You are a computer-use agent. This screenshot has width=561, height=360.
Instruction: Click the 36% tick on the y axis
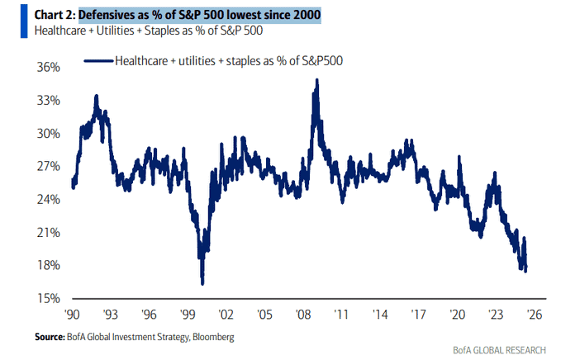(48, 67)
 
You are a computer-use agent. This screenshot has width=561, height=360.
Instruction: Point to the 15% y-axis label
(48, 298)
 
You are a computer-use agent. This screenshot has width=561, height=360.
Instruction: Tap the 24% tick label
(48, 199)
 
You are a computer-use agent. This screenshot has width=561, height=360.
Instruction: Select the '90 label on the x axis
(72, 315)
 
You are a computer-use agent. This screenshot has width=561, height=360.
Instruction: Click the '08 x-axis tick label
(303, 315)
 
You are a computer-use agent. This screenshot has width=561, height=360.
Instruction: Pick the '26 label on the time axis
(535, 315)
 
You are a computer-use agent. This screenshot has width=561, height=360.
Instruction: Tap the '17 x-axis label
(419, 315)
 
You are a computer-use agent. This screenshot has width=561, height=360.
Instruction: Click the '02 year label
(226, 315)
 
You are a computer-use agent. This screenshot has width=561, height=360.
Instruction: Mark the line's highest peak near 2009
(316, 80)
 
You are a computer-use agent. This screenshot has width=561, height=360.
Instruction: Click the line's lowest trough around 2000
(202, 284)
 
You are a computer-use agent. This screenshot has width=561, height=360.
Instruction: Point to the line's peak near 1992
(96, 96)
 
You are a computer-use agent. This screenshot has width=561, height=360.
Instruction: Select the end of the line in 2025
(525, 271)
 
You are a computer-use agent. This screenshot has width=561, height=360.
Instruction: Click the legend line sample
(98, 61)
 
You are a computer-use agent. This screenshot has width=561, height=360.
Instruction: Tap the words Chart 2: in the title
(55, 15)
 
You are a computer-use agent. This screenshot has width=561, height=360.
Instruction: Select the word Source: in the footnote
(50, 337)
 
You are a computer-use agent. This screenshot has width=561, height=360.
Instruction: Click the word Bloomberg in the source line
(214, 337)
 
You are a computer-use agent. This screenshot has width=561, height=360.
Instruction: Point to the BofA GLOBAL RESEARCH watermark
(500, 349)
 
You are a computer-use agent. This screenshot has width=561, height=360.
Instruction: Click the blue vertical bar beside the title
(24, 21)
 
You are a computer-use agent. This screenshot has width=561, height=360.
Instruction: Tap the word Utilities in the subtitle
(115, 31)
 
